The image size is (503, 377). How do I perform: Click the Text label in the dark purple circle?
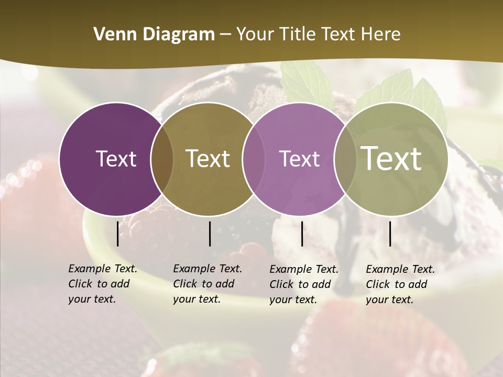(116, 159)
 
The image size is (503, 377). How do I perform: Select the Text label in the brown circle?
(208, 159)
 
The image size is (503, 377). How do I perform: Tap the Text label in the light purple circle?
(300, 159)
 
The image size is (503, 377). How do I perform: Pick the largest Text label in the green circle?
(391, 159)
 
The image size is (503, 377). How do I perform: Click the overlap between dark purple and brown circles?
(162, 159)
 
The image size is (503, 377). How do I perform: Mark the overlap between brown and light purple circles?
(254, 159)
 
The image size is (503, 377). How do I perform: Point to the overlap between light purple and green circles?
(345, 159)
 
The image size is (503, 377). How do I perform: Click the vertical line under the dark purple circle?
(117, 234)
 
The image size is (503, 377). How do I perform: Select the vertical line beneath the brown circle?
(210, 234)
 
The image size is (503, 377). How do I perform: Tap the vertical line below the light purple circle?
(302, 234)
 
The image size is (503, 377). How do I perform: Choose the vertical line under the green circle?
(390, 234)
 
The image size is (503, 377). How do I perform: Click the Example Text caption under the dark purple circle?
(103, 284)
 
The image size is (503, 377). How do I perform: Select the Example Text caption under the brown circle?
(207, 284)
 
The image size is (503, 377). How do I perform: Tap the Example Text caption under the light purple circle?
(304, 284)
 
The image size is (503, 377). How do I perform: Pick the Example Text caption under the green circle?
(400, 284)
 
